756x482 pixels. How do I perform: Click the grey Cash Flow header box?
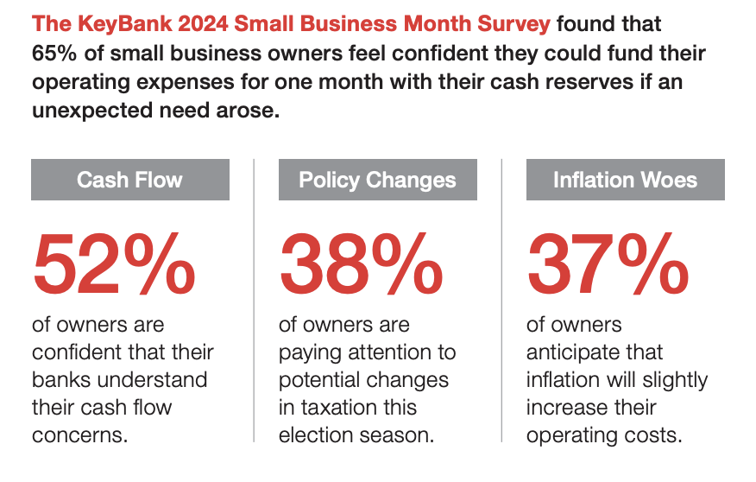[x=130, y=180]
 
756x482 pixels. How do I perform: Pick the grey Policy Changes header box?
[x=377, y=180]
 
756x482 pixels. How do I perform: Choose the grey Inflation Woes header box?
[x=625, y=180]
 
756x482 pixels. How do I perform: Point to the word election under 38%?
[x=312, y=434]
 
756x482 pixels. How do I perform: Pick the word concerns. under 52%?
[x=80, y=434]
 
